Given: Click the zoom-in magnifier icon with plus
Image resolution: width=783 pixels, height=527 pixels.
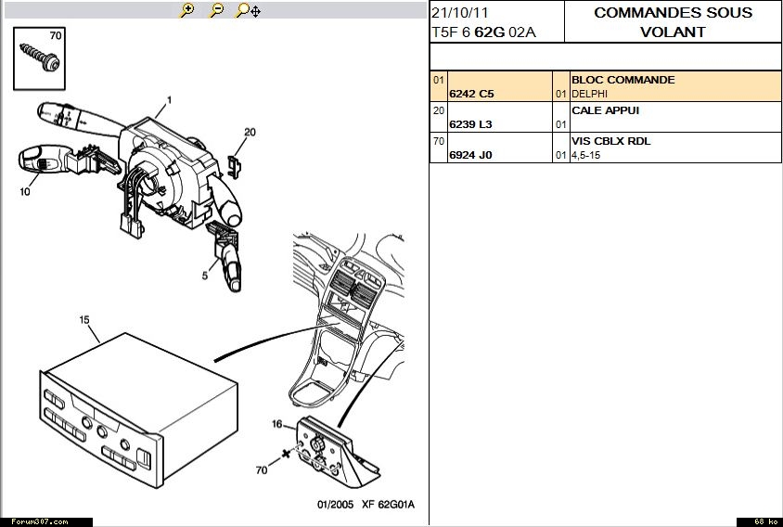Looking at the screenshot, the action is point(187,10).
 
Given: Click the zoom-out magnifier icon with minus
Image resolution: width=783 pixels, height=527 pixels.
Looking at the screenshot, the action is point(217,10).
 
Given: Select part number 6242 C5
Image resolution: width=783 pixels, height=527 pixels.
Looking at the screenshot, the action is point(471,94).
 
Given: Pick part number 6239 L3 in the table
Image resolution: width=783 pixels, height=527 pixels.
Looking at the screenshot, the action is point(470,124).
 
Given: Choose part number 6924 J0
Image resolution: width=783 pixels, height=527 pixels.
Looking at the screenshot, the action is point(470,155).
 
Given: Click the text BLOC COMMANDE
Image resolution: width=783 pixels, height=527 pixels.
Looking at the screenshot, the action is point(623,80).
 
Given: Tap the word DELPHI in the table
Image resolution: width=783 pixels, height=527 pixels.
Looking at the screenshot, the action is point(589,94).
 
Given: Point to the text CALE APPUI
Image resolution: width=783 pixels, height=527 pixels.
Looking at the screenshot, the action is point(605,110).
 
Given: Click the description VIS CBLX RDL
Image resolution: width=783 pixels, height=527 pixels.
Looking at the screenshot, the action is point(610,141).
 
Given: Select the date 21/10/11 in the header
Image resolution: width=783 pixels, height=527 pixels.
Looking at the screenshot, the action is point(460,13).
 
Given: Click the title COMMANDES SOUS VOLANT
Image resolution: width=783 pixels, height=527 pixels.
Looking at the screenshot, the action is point(673,22).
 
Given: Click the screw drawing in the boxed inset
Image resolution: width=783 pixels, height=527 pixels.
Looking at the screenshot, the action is point(40,57).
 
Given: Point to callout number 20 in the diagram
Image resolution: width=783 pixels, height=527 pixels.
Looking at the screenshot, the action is point(250,133).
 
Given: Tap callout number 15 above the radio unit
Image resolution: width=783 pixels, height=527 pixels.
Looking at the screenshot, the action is point(84,320).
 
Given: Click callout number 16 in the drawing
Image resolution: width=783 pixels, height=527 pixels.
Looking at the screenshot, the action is point(277,424).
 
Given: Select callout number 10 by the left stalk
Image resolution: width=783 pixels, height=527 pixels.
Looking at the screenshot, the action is point(25,192).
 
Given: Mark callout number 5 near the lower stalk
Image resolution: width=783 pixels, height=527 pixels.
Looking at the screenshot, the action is point(205,276).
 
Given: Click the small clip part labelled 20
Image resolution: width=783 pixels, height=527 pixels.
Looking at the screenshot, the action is point(234,167).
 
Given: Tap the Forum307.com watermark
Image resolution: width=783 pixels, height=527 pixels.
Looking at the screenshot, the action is point(40,522).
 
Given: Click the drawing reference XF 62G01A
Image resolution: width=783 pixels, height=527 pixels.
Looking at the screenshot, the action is point(388,505).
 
